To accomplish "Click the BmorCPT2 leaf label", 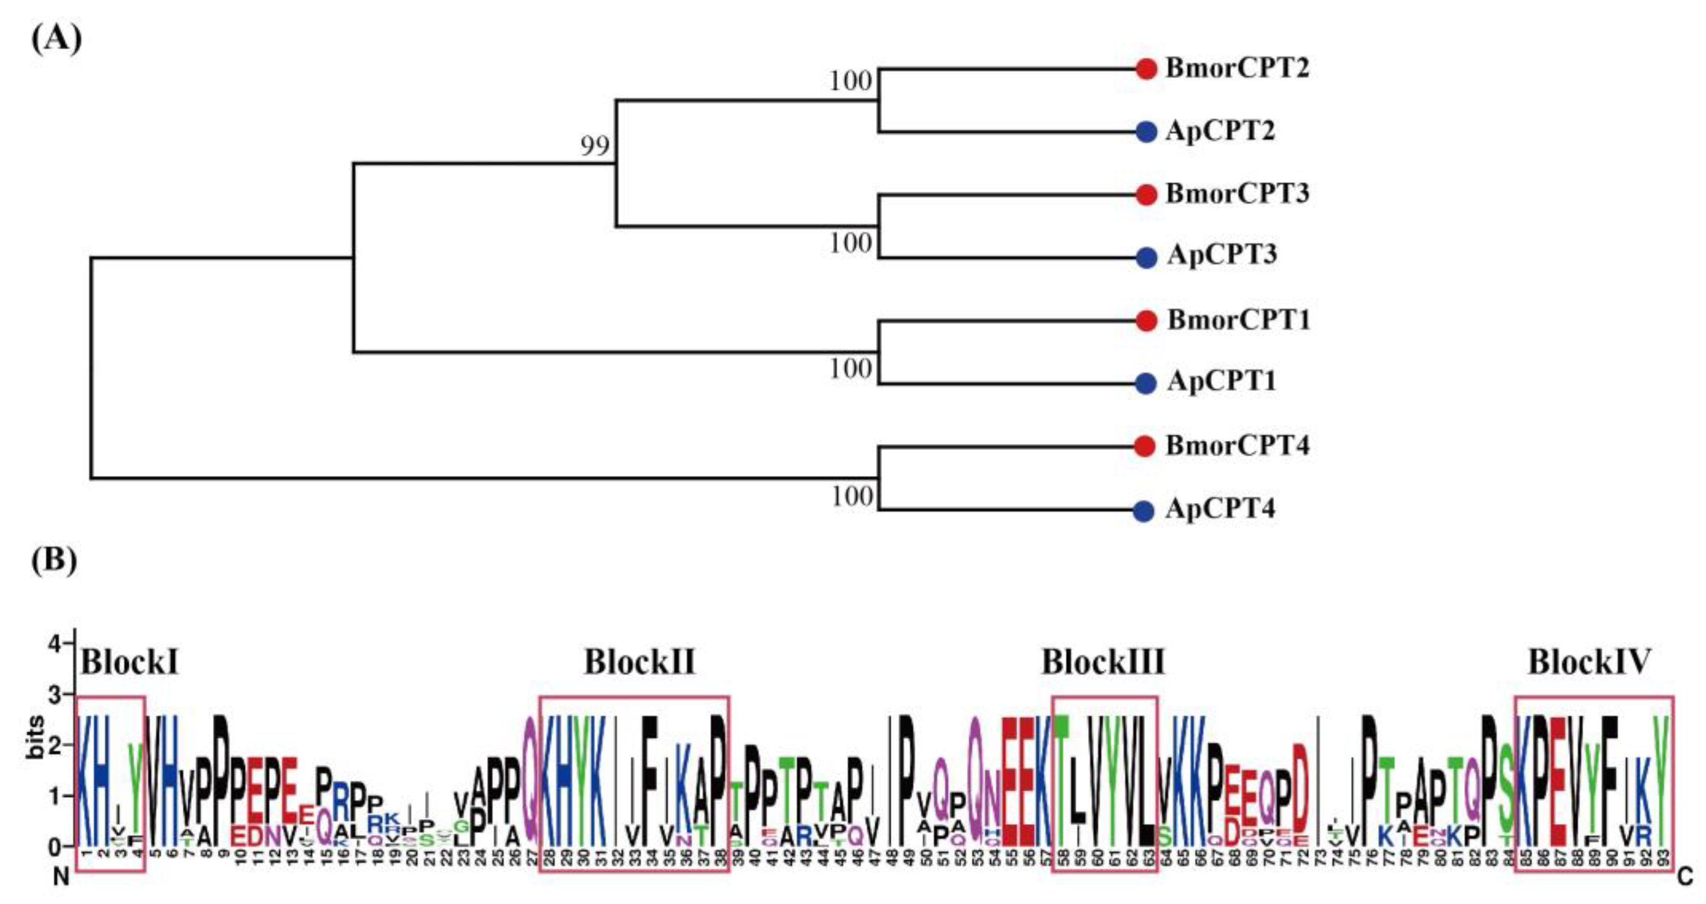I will [1237, 68].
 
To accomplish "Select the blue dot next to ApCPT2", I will [1146, 132].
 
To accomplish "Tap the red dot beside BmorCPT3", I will [1146, 195].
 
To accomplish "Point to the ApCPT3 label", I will [1222, 255].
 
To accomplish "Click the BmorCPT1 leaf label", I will [1238, 320].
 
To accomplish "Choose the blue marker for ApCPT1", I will [1146, 383].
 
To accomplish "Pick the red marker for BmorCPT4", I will [1145, 446].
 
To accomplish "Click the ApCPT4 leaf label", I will [1221, 509].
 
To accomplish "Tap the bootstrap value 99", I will [595, 146].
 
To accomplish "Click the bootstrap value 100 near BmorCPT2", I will [851, 81].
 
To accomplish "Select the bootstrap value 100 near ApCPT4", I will [852, 496].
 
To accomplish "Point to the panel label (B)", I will [54, 560].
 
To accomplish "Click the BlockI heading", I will [130, 662].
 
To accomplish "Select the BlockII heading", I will [640, 662].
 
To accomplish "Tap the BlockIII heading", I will [1103, 662].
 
